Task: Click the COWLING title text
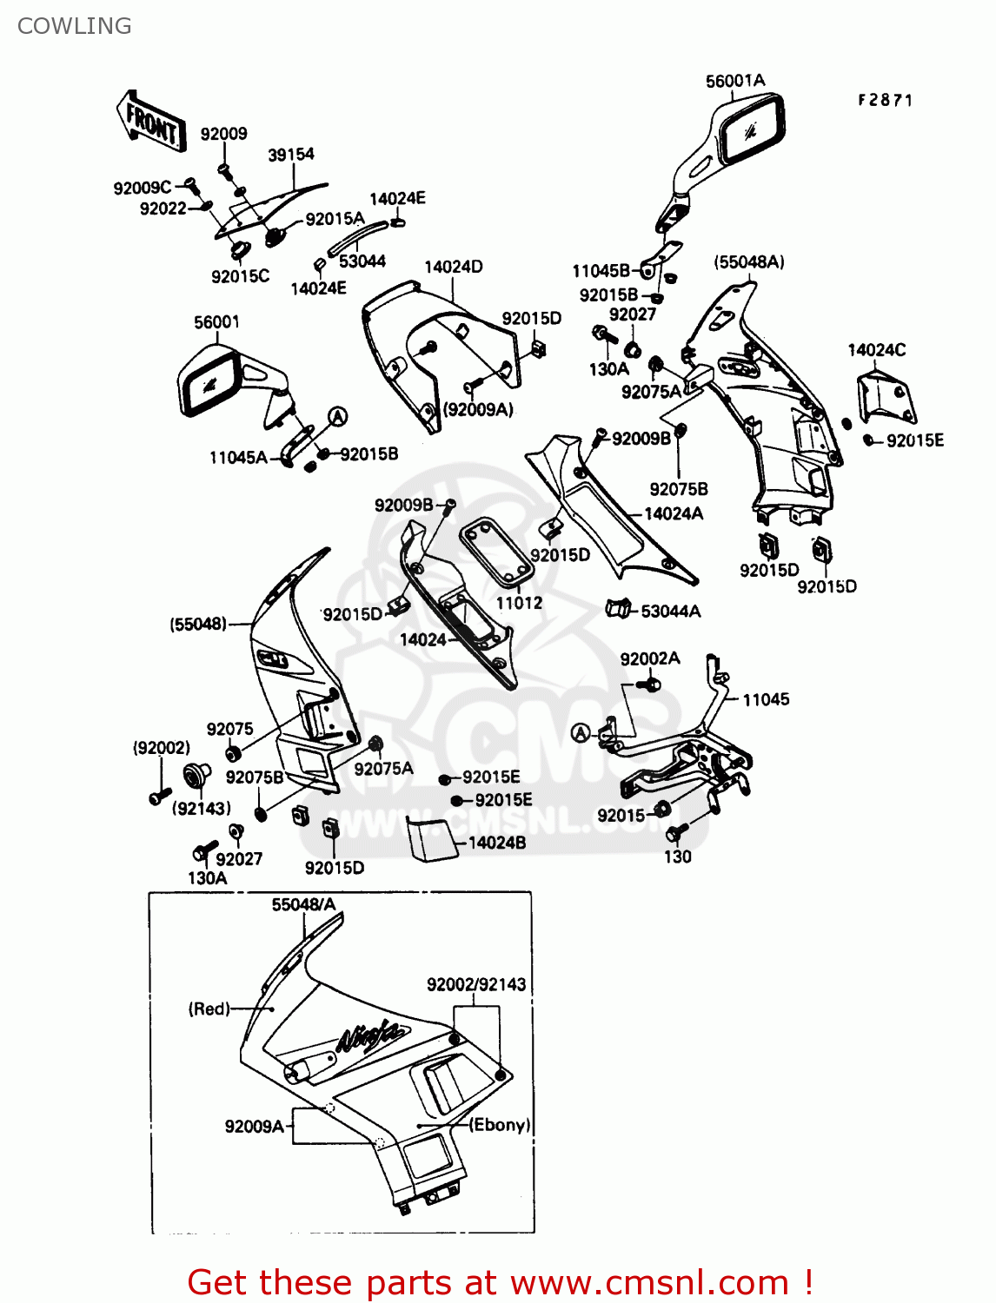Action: point(75,26)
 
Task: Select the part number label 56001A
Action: point(734,81)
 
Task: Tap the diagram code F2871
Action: point(885,100)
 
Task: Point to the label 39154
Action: point(290,155)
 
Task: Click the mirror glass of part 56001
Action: point(209,382)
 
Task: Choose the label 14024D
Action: point(453,267)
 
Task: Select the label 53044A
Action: point(670,612)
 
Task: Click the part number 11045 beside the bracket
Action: point(765,699)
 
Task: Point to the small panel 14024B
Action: point(430,838)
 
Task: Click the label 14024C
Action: point(876,350)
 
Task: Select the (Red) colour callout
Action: point(209,1009)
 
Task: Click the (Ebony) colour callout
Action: point(500,1125)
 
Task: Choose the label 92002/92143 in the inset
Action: point(475,984)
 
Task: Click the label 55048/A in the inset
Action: point(303,904)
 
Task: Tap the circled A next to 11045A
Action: point(337,417)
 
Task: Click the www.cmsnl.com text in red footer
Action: point(649,1282)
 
